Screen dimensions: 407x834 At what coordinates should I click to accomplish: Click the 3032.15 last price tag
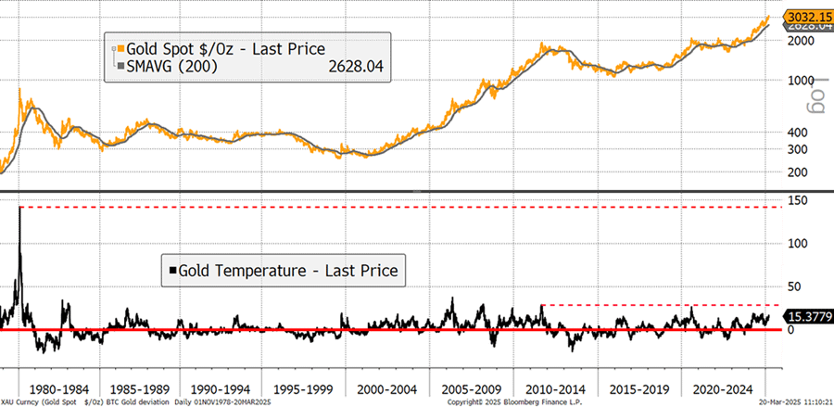point(808,17)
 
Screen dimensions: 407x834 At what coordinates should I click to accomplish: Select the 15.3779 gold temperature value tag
point(808,317)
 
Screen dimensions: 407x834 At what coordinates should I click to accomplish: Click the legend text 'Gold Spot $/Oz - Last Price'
point(216,48)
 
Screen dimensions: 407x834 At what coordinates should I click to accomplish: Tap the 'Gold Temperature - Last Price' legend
point(283,270)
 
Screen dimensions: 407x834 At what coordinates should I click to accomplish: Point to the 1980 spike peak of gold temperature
point(19,208)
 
